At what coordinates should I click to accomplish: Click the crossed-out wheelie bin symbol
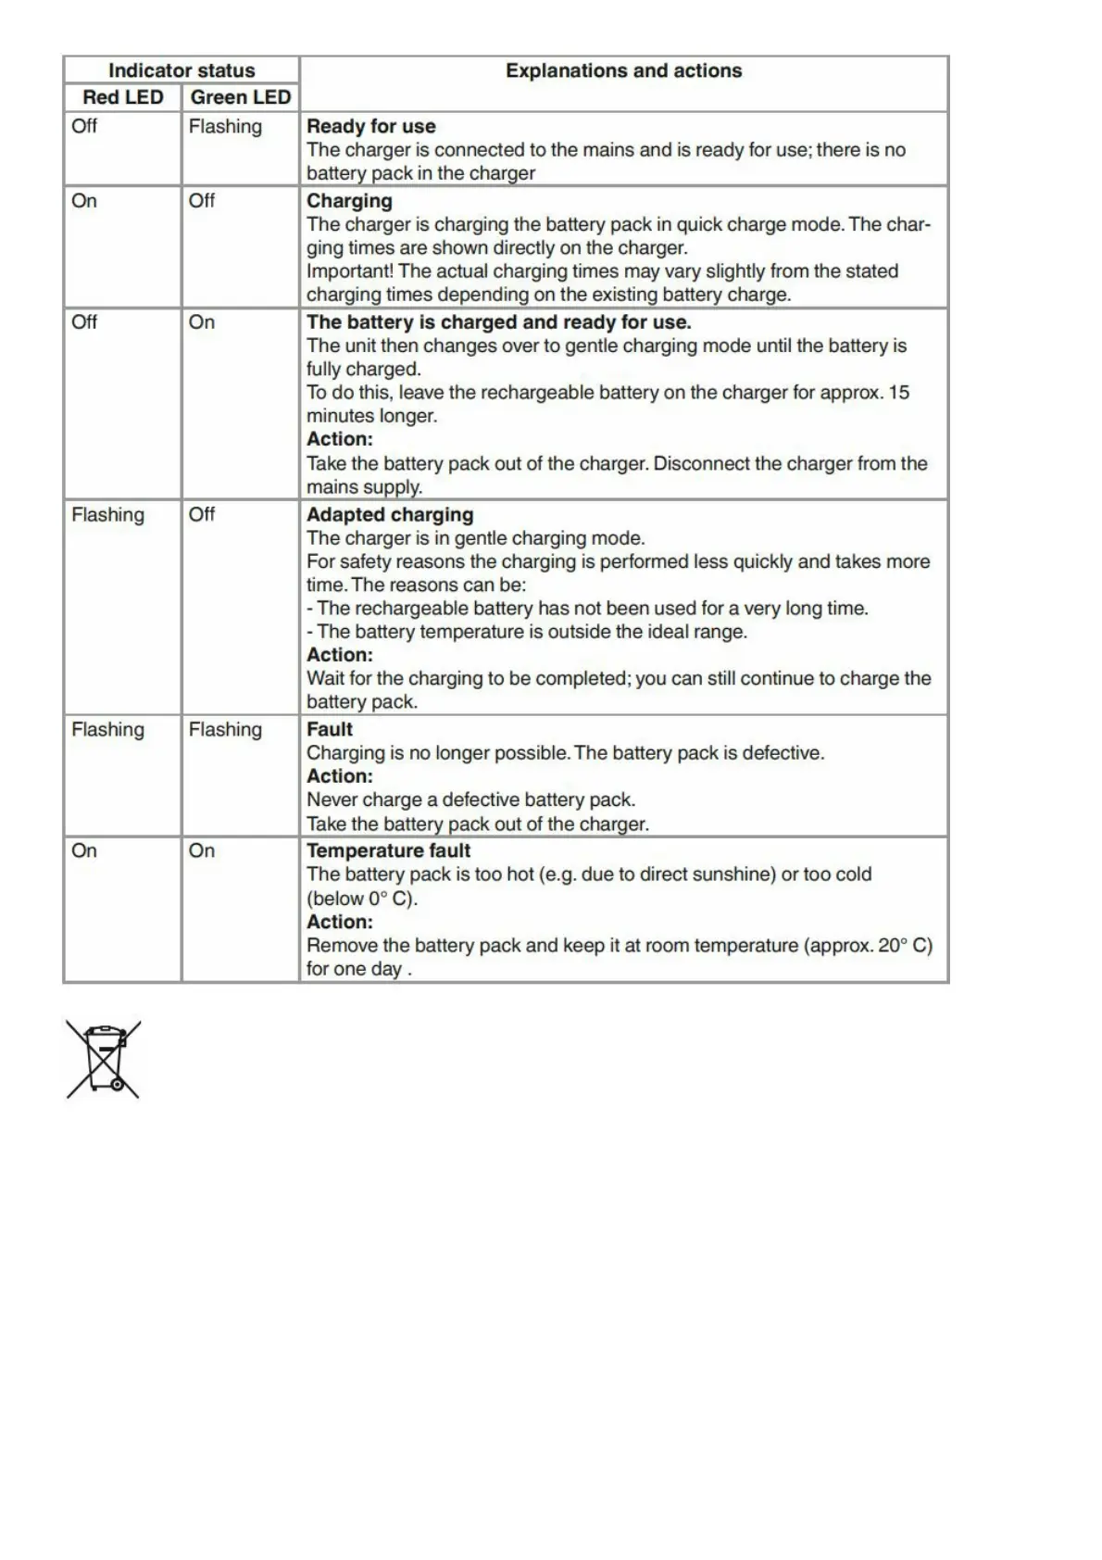click(x=103, y=1059)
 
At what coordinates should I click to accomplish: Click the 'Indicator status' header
click(x=182, y=70)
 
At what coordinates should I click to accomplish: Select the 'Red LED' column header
click(x=122, y=97)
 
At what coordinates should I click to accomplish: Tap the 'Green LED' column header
click(x=240, y=97)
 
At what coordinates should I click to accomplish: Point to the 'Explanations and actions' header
click(x=623, y=70)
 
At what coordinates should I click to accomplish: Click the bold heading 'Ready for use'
click(x=370, y=126)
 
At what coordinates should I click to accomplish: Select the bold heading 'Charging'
click(x=349, y=201)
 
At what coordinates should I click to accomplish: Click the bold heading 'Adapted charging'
click(x=389, y=514)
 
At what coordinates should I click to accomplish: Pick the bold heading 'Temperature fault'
click(x=388, y=850)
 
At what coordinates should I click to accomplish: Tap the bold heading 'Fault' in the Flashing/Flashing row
click(x=330, y=729)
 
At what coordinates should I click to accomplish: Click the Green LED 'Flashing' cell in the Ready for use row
click(x=225, y=126)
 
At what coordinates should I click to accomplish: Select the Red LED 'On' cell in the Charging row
click(x=84, y=201)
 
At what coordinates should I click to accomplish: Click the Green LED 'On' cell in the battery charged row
click(x=202, y=322)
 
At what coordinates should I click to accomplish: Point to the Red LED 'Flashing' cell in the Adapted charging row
click(x=107, y=514)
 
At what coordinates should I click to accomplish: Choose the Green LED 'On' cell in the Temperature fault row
click(x=202, y=850)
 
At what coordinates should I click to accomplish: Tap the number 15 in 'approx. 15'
click(x=898, y=393)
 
